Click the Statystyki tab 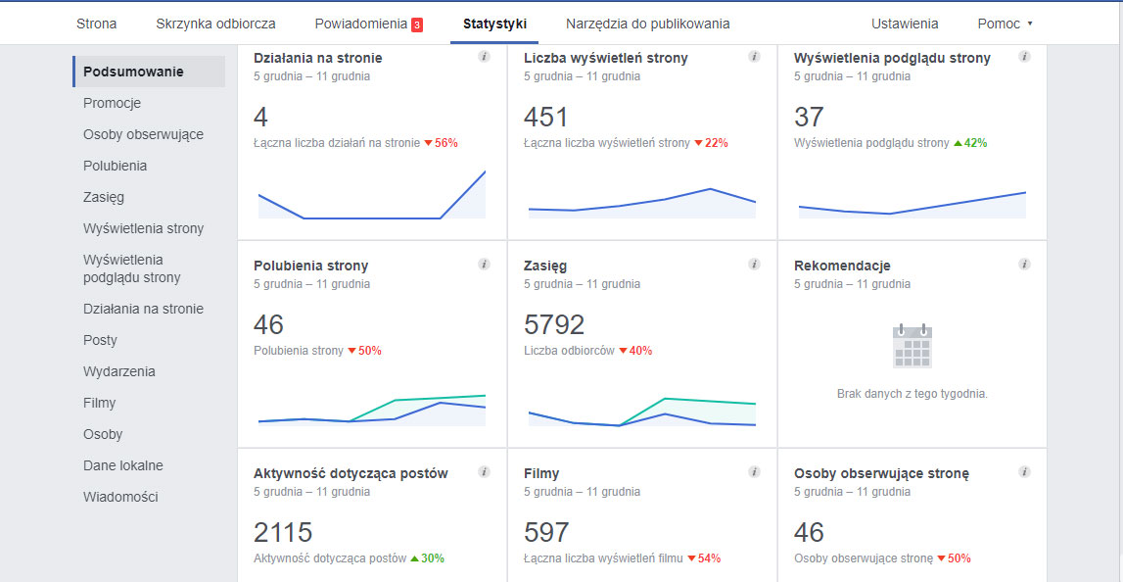click(494, 24)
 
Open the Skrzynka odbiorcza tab click(215, 24)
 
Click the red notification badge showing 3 click(417, 24)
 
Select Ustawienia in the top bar click(905, 24)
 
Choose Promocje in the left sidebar click(112, 103)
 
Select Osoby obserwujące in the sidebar click(143, 134)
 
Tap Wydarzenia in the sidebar click(118, 371)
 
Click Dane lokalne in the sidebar click(122, 465)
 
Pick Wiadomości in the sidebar click(120, 497)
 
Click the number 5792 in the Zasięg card click(554, 324)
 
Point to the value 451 click(546, 118)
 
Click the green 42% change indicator click(970, 143)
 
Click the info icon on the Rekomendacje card click(1024, 265)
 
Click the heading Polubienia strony click(310, 266)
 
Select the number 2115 click(283, 532)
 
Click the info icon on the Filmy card click(754, 472)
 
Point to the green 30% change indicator click(427, 558)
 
